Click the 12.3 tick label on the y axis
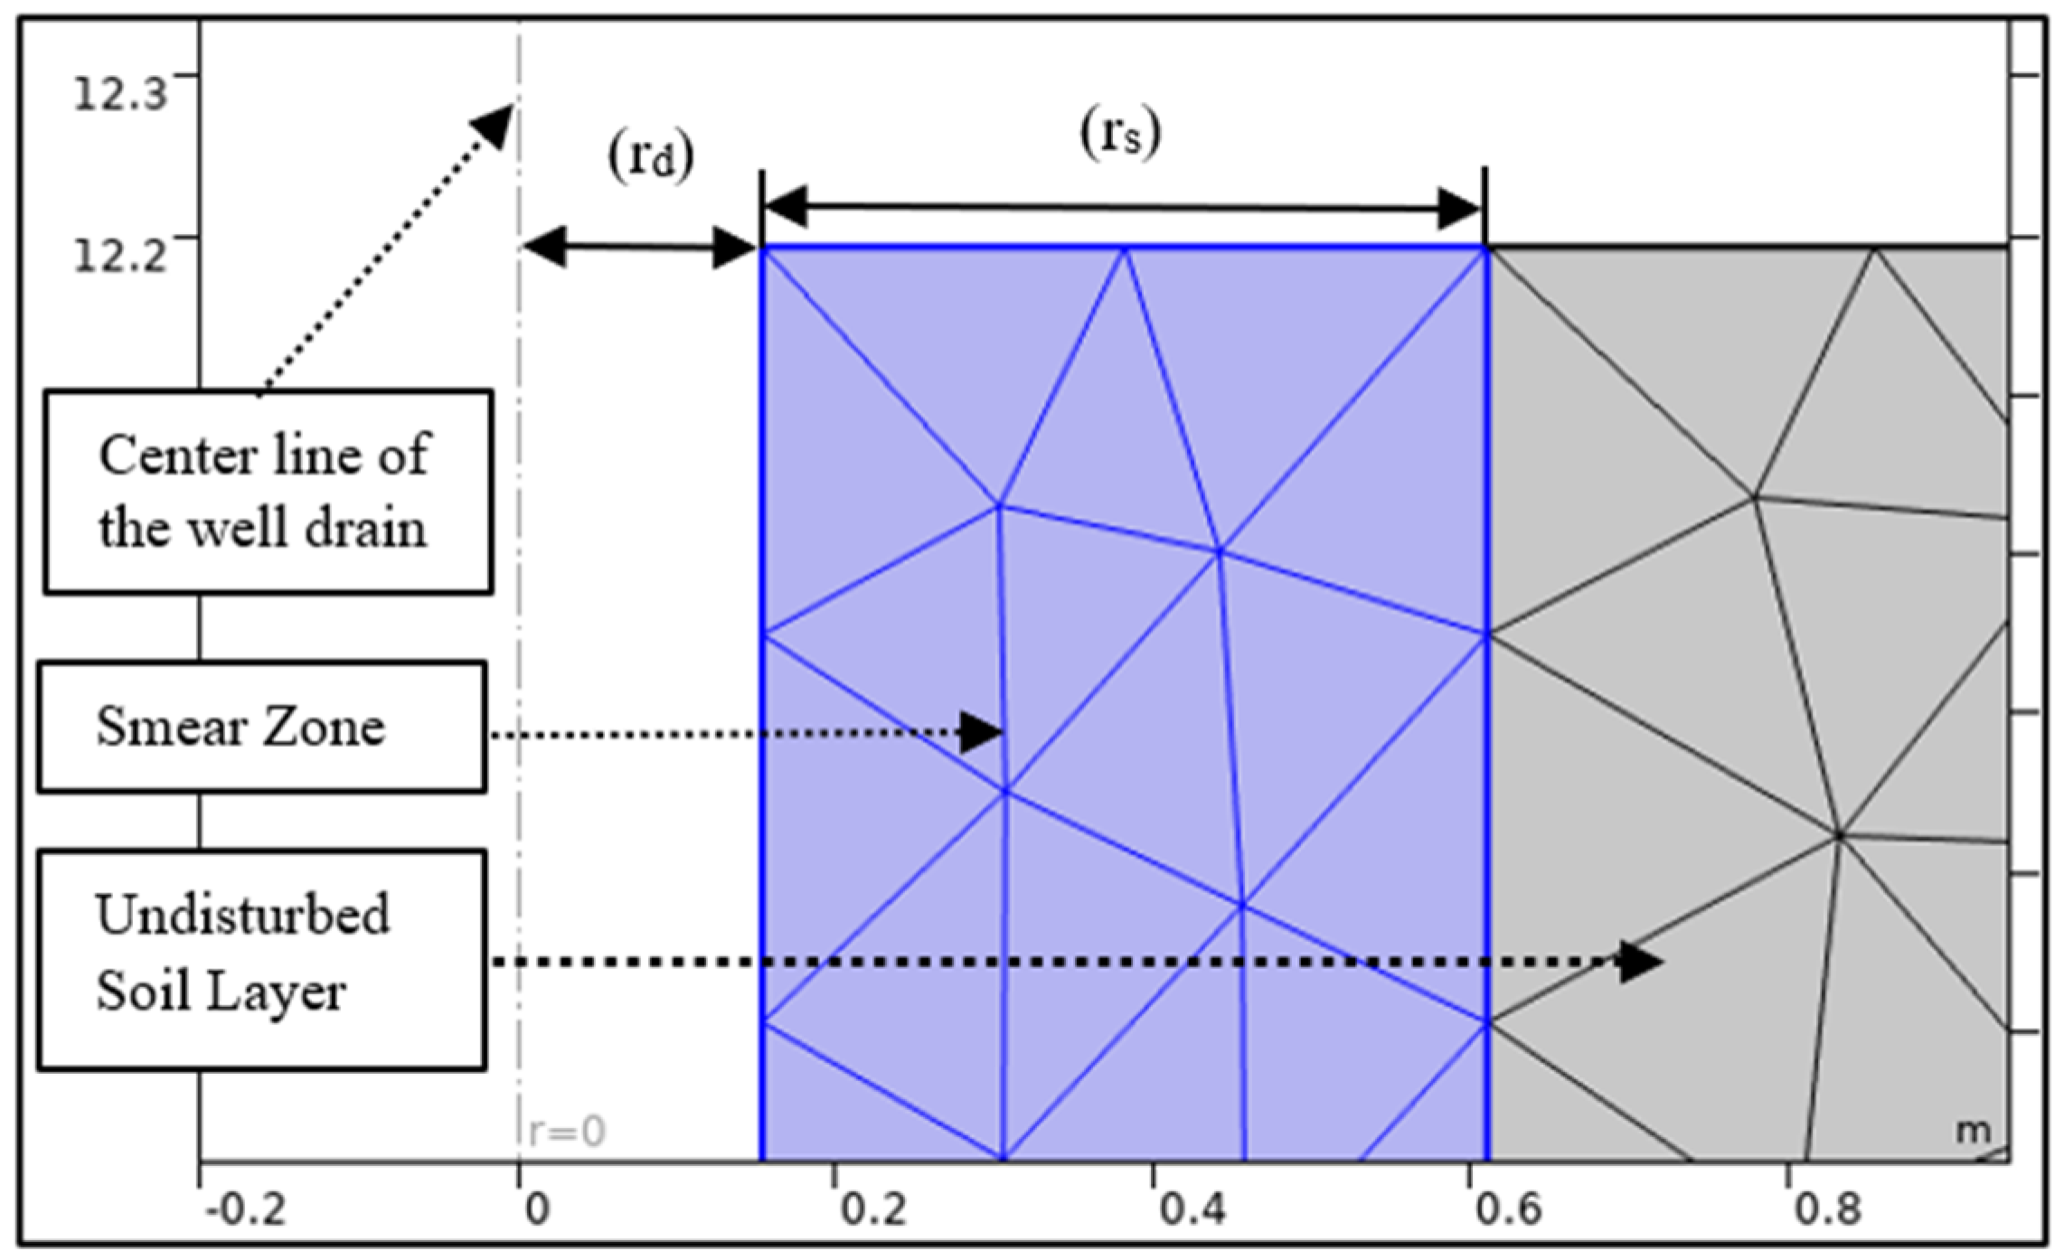click(119, 93)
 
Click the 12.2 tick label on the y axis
click(119, 256)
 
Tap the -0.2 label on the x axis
click(245, 1208)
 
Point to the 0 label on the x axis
click(537, 1208)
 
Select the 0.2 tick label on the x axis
click(872, 1208)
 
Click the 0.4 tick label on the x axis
click(1192, 1208)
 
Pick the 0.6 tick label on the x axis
click(1508, 1208)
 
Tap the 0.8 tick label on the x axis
click(1827, 1208)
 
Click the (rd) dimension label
click(651, 156)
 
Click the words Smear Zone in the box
click(240, 727)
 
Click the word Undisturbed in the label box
click(242, 915)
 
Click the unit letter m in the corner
click(1973, 1130)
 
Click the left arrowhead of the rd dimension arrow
click(545, 247)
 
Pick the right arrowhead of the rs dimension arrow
click(1458, 210)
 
